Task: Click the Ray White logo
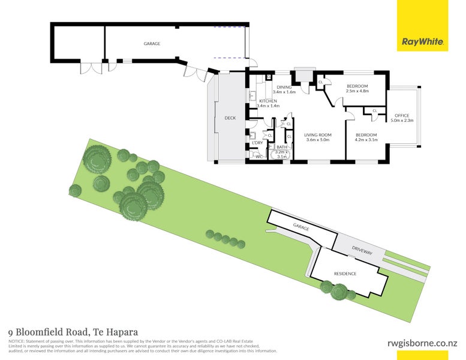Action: point(423,42)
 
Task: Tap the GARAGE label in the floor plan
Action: point(152,44)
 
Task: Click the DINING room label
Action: point(284,88)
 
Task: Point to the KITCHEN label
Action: point(267,101)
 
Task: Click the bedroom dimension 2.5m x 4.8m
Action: point(357,92)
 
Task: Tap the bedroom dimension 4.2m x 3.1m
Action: point(365,141)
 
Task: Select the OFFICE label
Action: point(401,115)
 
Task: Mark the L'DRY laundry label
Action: point(257,143)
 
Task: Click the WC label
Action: point(258,157)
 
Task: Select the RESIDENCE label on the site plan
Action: point(345,274)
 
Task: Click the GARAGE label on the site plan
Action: point(300,227)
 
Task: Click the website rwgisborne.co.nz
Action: point(422,343)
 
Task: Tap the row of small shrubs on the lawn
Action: point(225,238)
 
